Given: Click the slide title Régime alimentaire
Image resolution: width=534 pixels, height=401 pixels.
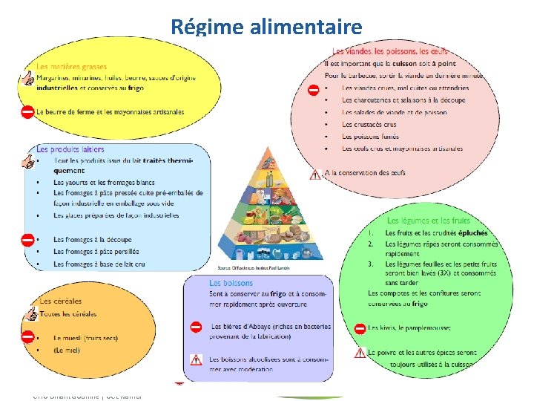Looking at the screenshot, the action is [x=266, y=27].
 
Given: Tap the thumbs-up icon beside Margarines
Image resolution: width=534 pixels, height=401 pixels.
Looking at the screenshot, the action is [x=27, y=78].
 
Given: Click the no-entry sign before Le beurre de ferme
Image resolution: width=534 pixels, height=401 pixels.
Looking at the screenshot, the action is [x=27, y=112].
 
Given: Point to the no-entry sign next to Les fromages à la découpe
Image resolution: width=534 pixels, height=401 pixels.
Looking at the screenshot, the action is [x=27, y=240].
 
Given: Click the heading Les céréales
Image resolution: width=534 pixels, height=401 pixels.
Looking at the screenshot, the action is [x=56, y=301].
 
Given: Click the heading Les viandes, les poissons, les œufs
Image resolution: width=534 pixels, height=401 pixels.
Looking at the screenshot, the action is [x=390, y=51].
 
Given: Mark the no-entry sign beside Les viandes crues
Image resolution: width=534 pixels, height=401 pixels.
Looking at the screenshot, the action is [x=314, y=90].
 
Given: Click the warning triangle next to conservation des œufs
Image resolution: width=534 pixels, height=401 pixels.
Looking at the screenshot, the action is [x=315, y=175].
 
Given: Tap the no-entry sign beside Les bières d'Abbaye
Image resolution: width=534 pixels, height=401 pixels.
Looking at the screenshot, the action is [x=196, y=327].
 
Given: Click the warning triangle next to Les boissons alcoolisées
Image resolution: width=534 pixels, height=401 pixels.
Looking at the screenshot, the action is [x=196, y=359].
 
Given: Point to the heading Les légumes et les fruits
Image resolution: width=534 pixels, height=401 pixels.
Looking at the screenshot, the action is [x=428, y=221].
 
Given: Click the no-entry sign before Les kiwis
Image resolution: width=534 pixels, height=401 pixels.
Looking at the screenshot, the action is [x=359, y=328].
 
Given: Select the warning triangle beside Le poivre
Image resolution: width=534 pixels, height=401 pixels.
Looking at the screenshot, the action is [x=359, y=353].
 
